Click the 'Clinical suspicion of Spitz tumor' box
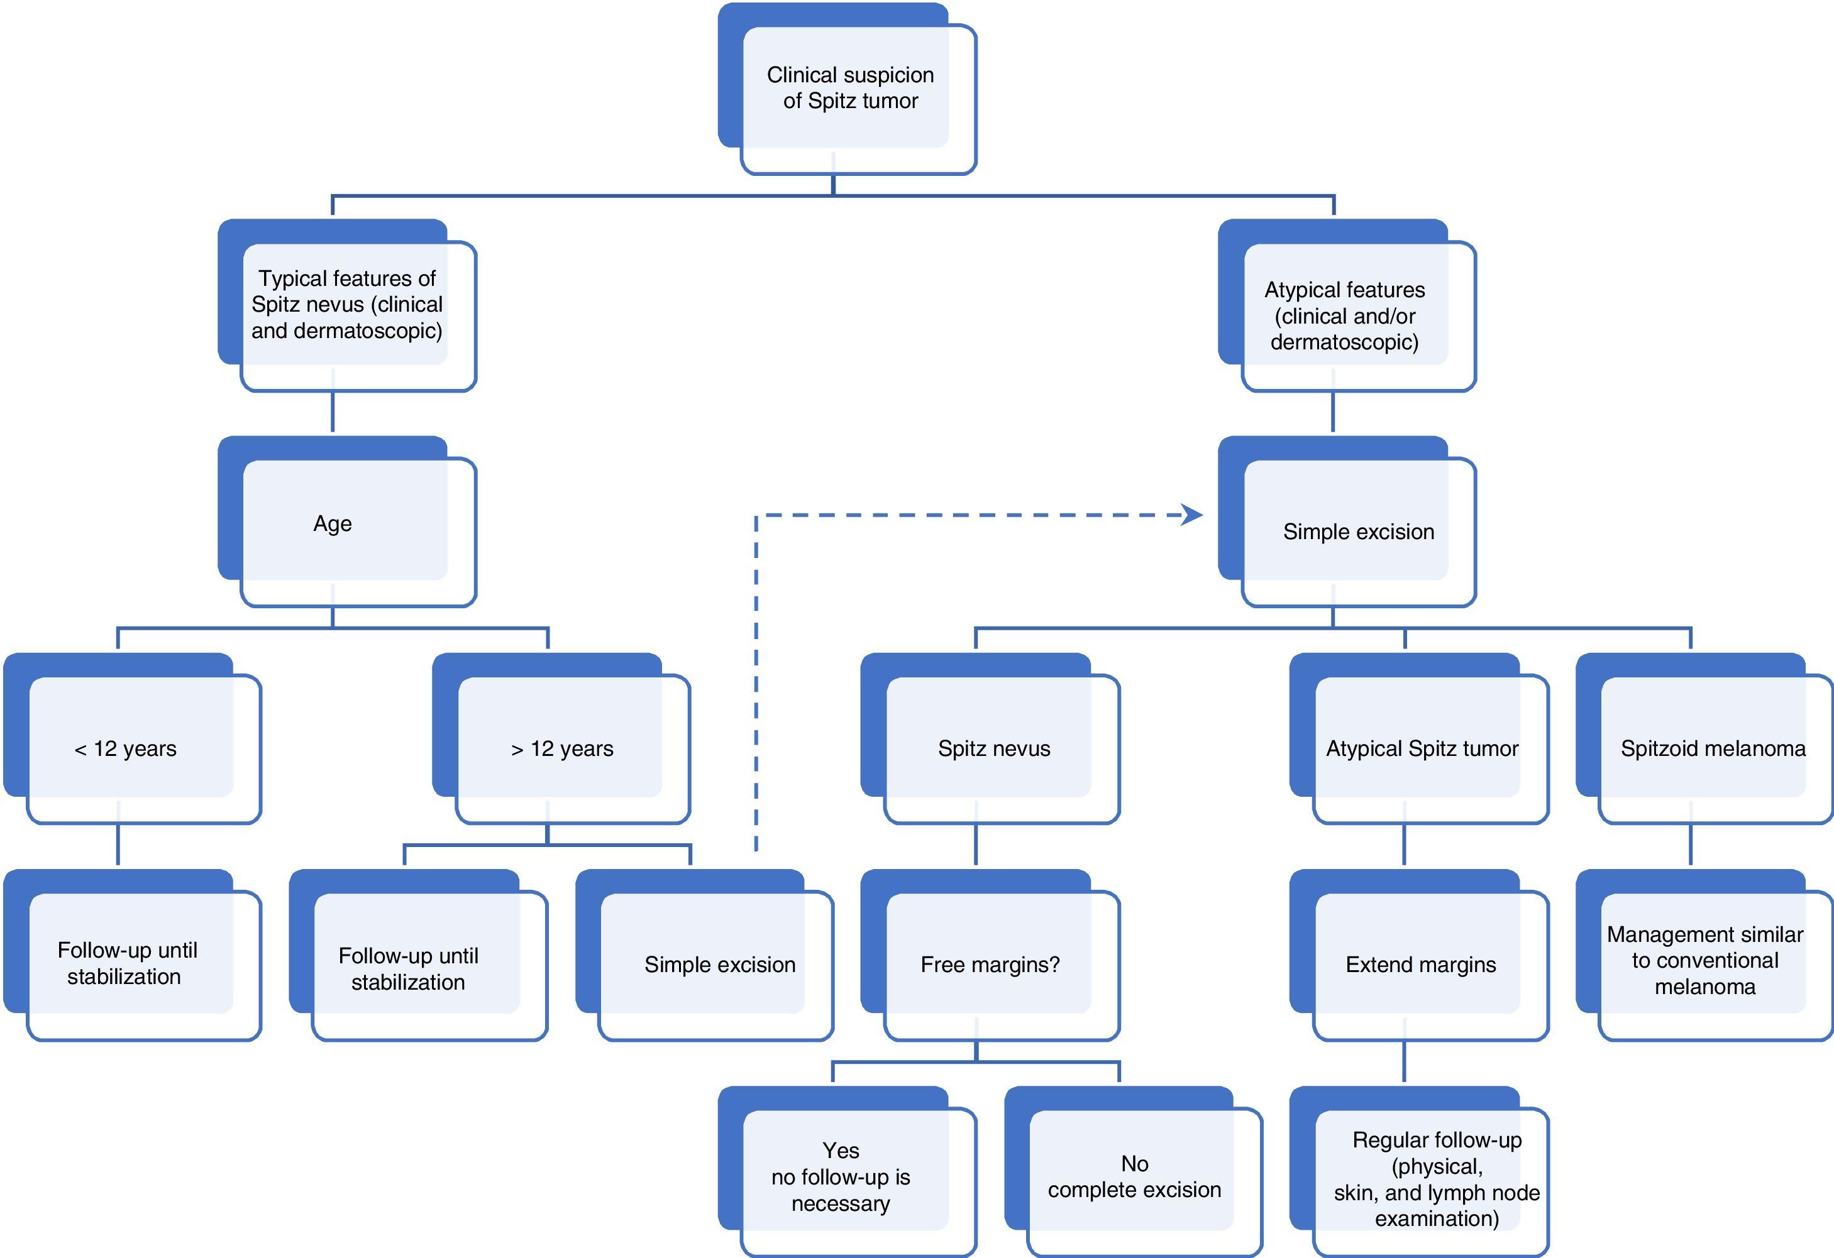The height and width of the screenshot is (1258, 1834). tap(849, 87)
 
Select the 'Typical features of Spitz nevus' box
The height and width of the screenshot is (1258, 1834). tap(347, 304)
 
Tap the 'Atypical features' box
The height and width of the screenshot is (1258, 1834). tap(1345, 315)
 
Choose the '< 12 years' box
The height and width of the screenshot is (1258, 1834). tap(126, 748)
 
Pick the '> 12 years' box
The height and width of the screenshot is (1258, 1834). tap(562, 748)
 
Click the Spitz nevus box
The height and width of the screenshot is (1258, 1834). tap(993, 748)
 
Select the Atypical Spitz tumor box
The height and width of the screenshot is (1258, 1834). tap(1422, 748)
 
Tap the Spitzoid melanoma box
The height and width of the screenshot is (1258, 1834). tap(1713, 748)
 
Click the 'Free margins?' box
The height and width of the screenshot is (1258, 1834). tap(990, 964)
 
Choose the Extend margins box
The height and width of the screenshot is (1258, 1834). tap(1420, 964)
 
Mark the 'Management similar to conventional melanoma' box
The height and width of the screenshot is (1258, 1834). tap(1704, 960)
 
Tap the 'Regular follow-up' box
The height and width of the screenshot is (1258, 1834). tap(1436, 1178)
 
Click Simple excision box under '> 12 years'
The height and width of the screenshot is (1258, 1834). tap(720, 964)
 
